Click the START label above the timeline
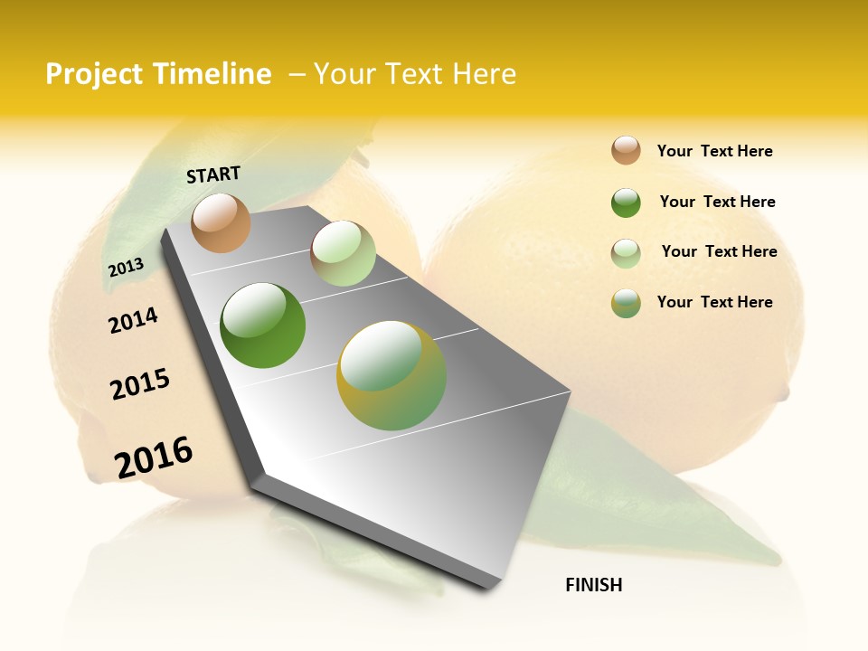(x=213, y=175)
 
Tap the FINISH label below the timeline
(x=593, y=585)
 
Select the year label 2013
(x=126, y=267)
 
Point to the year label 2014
(x=133, y=320)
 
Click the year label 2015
(x=140, y=384)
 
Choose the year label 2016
(x=154, y=457)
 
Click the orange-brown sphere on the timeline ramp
(x=221, y=222)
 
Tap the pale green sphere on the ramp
(x=343, y=253)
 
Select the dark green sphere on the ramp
(x=263, y=325)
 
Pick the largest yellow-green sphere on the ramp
(x=392, y=375)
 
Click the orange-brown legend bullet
(x=626, y=150)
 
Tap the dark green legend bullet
(x=626, y=203)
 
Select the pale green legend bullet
(x=626, y=253)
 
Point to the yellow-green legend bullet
(x=626, y=303)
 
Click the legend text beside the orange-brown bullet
(x=714, y=151)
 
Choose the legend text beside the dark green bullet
(x=717, y=202)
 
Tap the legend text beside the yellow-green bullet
(x=714, y=302)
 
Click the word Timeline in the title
(x=212, y=74)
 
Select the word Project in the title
(x=94, y=74)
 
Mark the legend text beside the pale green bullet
(x=719, y=251)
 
